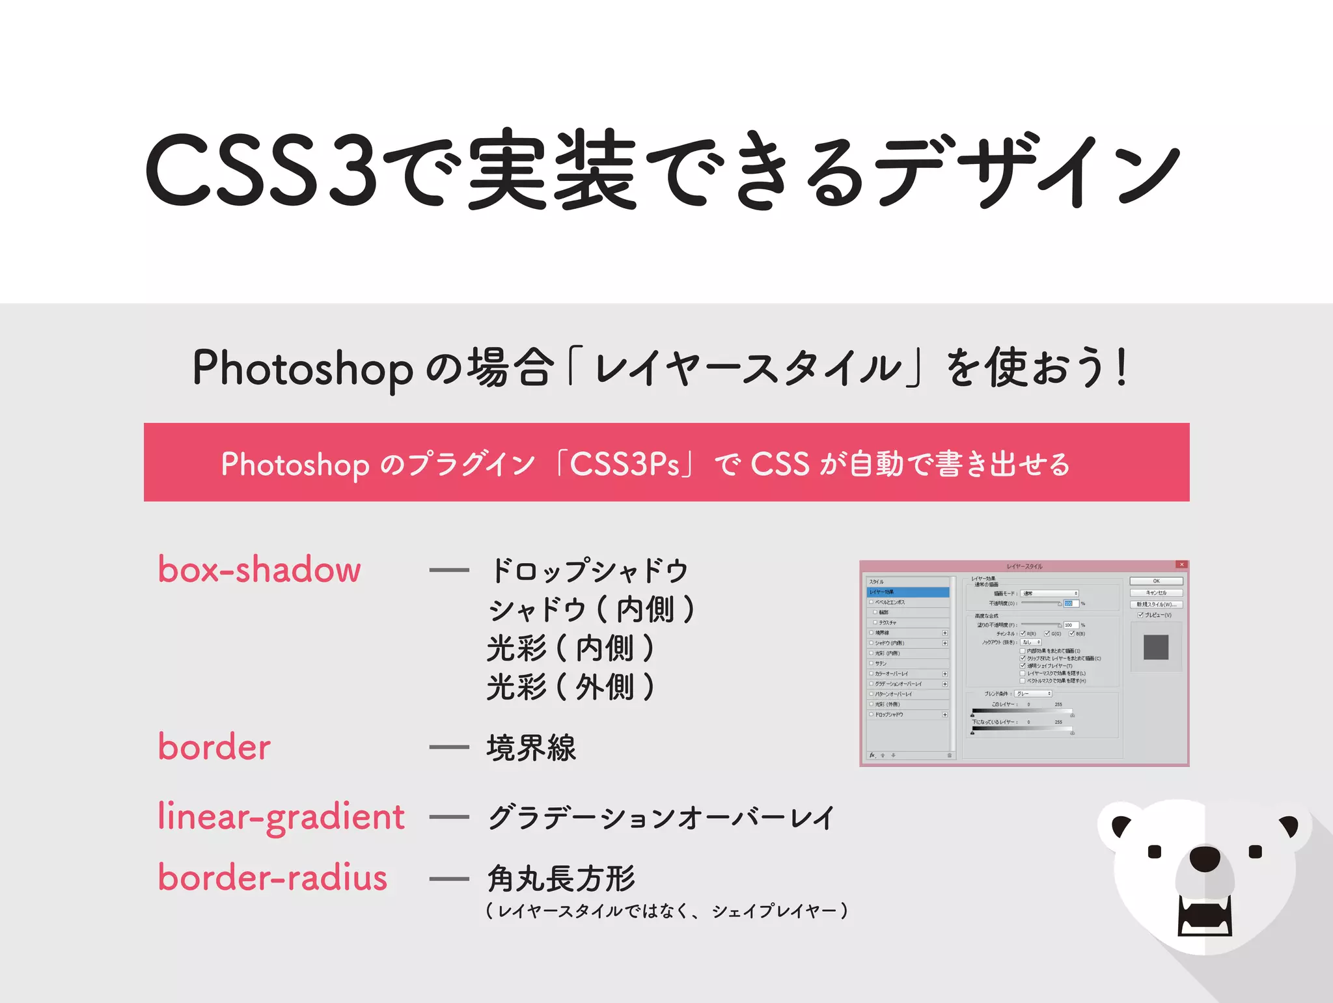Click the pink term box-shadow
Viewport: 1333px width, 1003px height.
coord(259,570)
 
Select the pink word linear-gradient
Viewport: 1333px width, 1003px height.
coord(281,817)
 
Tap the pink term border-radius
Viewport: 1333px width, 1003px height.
coord(273,877)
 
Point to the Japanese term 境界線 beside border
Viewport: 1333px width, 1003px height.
coord(531,748)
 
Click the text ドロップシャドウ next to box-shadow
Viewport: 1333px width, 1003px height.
coord(589,571)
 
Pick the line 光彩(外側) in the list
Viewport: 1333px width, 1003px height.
coord(570,687)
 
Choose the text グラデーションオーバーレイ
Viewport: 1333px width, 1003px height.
coord(661,818)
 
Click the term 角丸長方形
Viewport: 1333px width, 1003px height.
coord(561,878)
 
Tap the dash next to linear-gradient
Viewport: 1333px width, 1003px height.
coord(449,818)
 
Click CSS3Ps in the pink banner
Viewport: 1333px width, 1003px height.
coord(624,464)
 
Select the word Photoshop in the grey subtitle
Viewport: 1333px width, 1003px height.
coord(303,368)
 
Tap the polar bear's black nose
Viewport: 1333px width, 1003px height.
coord(1205,859)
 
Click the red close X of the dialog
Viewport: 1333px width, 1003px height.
coord(1181,565)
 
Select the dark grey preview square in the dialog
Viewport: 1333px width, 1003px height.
coord(1156,647)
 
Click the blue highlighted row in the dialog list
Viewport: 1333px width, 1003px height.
coord(908,592)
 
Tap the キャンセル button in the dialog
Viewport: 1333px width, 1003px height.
coord(1156,593)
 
